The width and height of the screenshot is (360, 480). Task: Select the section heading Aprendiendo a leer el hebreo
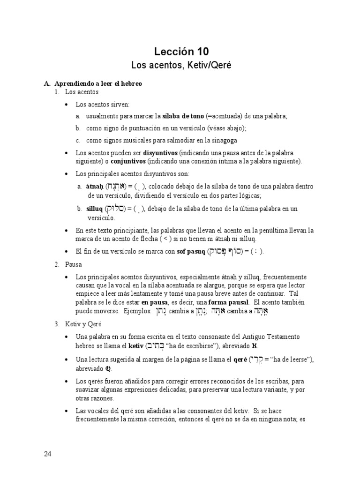(98, 83)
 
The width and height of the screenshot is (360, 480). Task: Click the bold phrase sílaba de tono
(183, 116)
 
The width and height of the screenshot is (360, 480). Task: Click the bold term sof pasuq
(191, 252)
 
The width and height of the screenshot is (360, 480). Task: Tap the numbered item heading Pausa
(74, 265)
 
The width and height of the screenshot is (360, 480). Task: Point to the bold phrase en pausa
(154, 303)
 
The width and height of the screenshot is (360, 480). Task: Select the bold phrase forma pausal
(230, 303)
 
